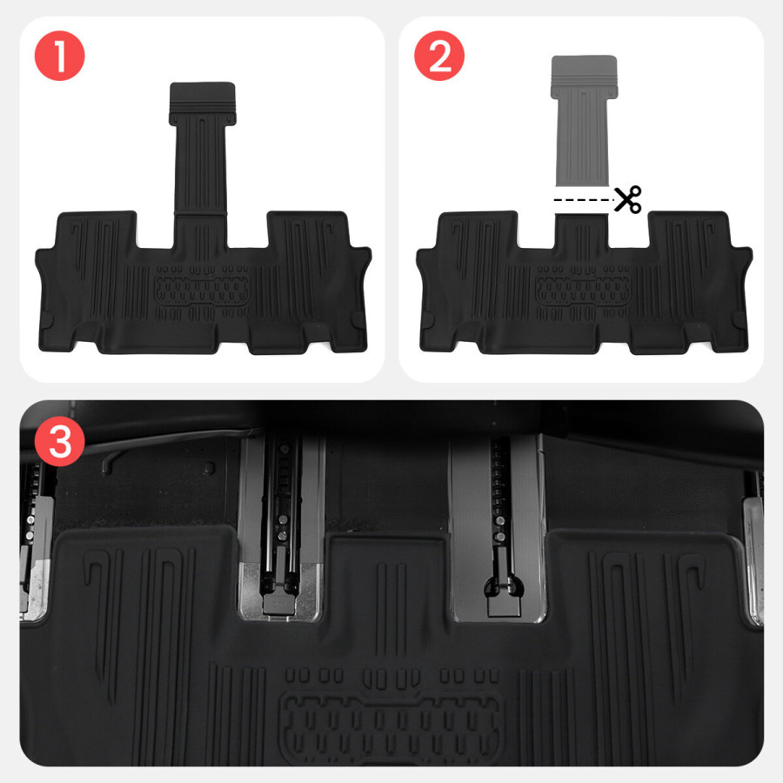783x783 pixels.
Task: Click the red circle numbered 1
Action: click(x=59, y=56)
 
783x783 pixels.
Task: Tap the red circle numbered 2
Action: click(x=439, y=56)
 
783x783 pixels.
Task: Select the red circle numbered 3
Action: click(x=60, y=441)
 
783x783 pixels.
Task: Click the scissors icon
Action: click(x=627, y=199)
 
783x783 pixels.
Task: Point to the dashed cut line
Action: click(x=584, y=200)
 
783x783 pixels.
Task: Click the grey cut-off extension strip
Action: click(x=584, y=120)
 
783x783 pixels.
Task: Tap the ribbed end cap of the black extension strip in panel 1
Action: click(x=202, y=104)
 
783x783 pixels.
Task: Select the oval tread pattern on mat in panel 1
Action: click(x=203, y=291)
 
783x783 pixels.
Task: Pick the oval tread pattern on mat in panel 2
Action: click(x=583, y=291)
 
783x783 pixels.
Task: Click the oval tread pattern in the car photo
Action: click(x=391, y=726)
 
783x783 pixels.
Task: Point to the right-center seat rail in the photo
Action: click(x=498, y=528)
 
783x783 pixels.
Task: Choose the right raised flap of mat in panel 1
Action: click(x=307, y=231)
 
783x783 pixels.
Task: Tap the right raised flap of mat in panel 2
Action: click(x=687, y=231)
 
